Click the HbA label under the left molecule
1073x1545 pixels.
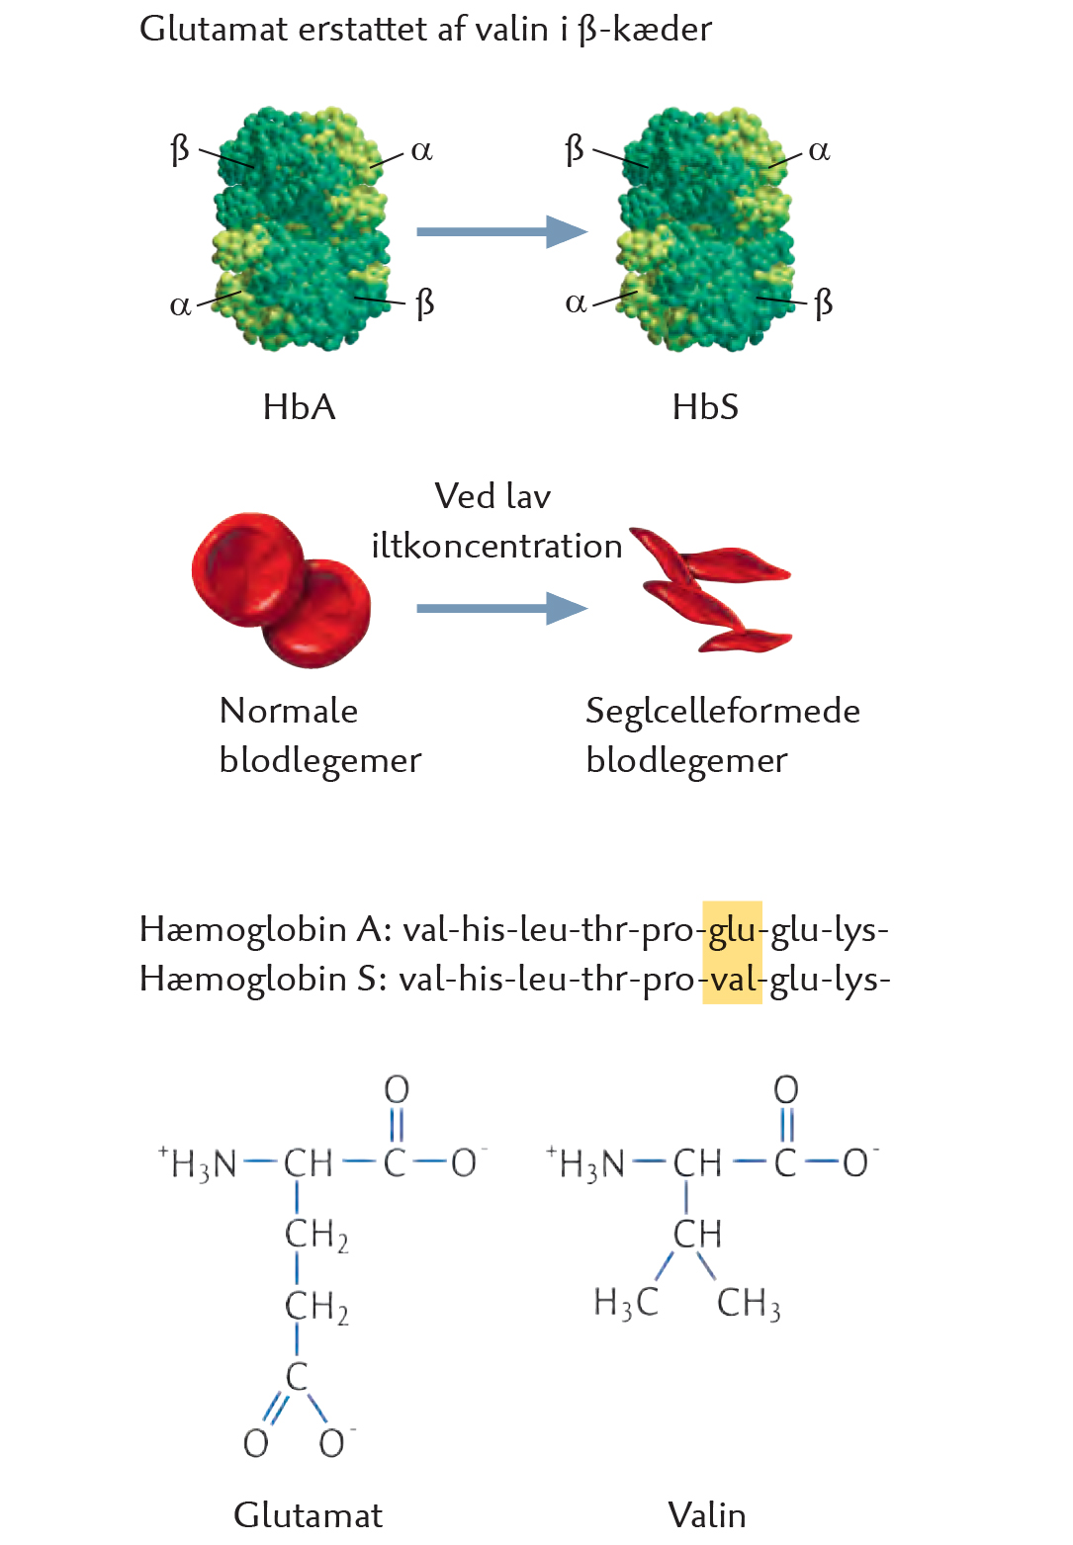[299, 406]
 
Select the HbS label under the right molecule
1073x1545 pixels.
[705, 406]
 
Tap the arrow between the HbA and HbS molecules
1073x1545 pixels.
[501, 231]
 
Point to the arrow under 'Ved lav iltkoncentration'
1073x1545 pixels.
[501, 608]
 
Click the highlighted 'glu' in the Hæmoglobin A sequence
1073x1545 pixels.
[732, 928]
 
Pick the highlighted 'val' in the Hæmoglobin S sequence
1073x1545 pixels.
[732, 978]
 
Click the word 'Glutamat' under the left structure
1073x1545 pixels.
[308, 1515]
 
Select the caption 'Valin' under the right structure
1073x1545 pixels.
[706, 1515]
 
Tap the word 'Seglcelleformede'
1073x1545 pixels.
[723, 711]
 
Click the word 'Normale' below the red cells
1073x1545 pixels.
[289, 711]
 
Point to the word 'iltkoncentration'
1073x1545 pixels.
[496, 546]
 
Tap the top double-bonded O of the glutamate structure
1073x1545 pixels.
[397, 1089]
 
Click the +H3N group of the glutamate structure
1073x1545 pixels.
[198, 1163]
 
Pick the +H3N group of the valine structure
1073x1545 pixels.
[585, 1163]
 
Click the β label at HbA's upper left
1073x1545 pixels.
[179, 149]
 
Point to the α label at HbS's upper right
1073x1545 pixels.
[819, 151]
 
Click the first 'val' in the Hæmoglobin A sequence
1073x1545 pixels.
[423, 928]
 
